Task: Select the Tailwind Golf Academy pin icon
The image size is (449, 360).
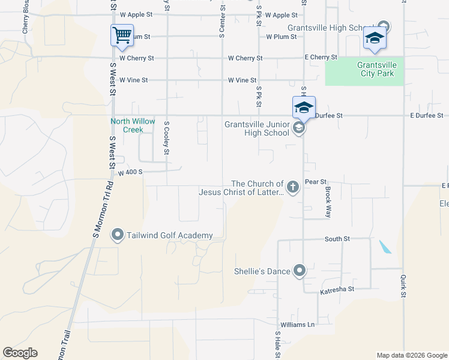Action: [x=118, y=236]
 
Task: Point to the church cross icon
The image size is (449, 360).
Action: [x=292, y=188]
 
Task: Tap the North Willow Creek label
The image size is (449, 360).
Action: [x=127, y=125]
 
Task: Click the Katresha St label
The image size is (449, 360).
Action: [x=337, y=289]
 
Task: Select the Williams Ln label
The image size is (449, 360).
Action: [x=302, y=325]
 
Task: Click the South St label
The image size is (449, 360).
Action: [x=337, y=239]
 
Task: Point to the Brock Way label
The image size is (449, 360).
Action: [x=328, y=201]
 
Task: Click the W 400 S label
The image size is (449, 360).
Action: [x=130, y=172]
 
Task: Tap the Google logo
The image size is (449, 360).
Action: [x=20, y=353]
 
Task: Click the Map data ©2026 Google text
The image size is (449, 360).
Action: [x=411, y=355]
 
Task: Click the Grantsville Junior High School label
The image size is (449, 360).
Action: [x=257, y=128]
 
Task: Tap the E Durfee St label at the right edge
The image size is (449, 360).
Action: [x=426, y=115]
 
